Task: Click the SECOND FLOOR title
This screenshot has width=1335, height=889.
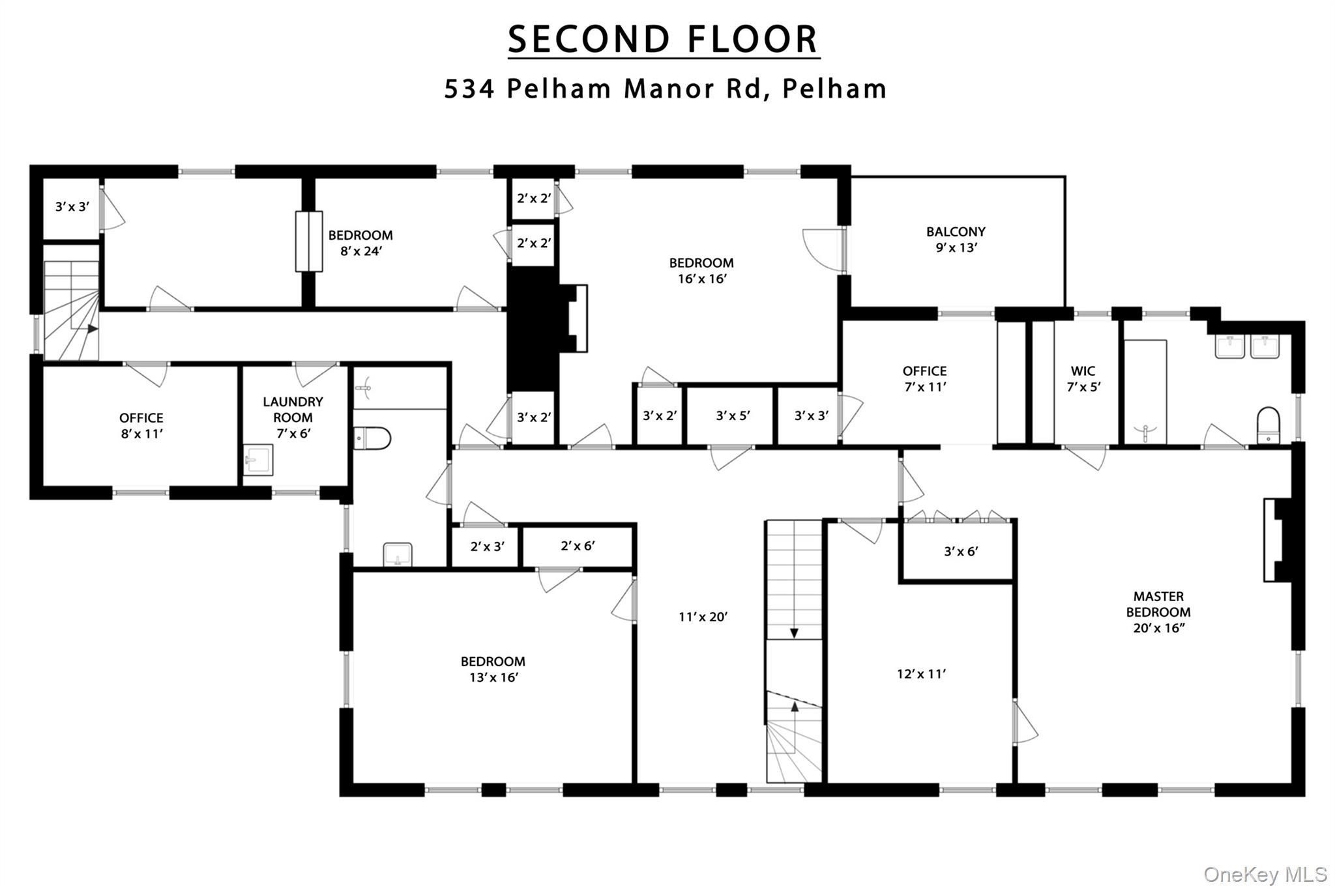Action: click(664, 40)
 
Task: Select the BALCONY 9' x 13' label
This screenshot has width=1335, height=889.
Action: click(956, 240)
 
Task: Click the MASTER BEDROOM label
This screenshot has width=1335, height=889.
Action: click(1158, 612)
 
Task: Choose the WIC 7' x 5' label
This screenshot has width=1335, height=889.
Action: click(1083, 379)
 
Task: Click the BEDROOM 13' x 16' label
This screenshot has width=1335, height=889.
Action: click(493, 670)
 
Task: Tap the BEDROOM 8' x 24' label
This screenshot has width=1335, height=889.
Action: click(360, 243)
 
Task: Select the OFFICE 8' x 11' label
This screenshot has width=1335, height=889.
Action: click(141, 426)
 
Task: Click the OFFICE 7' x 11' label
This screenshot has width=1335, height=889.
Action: click(924, 379)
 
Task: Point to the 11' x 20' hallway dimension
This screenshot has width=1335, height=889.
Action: click(703, 617)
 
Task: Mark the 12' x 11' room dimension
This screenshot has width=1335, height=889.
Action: click(921, 674)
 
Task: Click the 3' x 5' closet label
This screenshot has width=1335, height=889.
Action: click(733, 416)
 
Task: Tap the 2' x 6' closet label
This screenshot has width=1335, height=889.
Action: click(578, 546)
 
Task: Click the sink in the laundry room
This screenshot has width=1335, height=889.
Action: click(258, 460)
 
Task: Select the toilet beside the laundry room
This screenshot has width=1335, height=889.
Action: click(372, 438)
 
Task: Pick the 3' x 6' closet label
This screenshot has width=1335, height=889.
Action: click(961, 552)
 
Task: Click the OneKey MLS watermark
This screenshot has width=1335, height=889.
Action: click(1265, 874)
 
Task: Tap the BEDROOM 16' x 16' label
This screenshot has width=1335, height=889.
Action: click(701, 271)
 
